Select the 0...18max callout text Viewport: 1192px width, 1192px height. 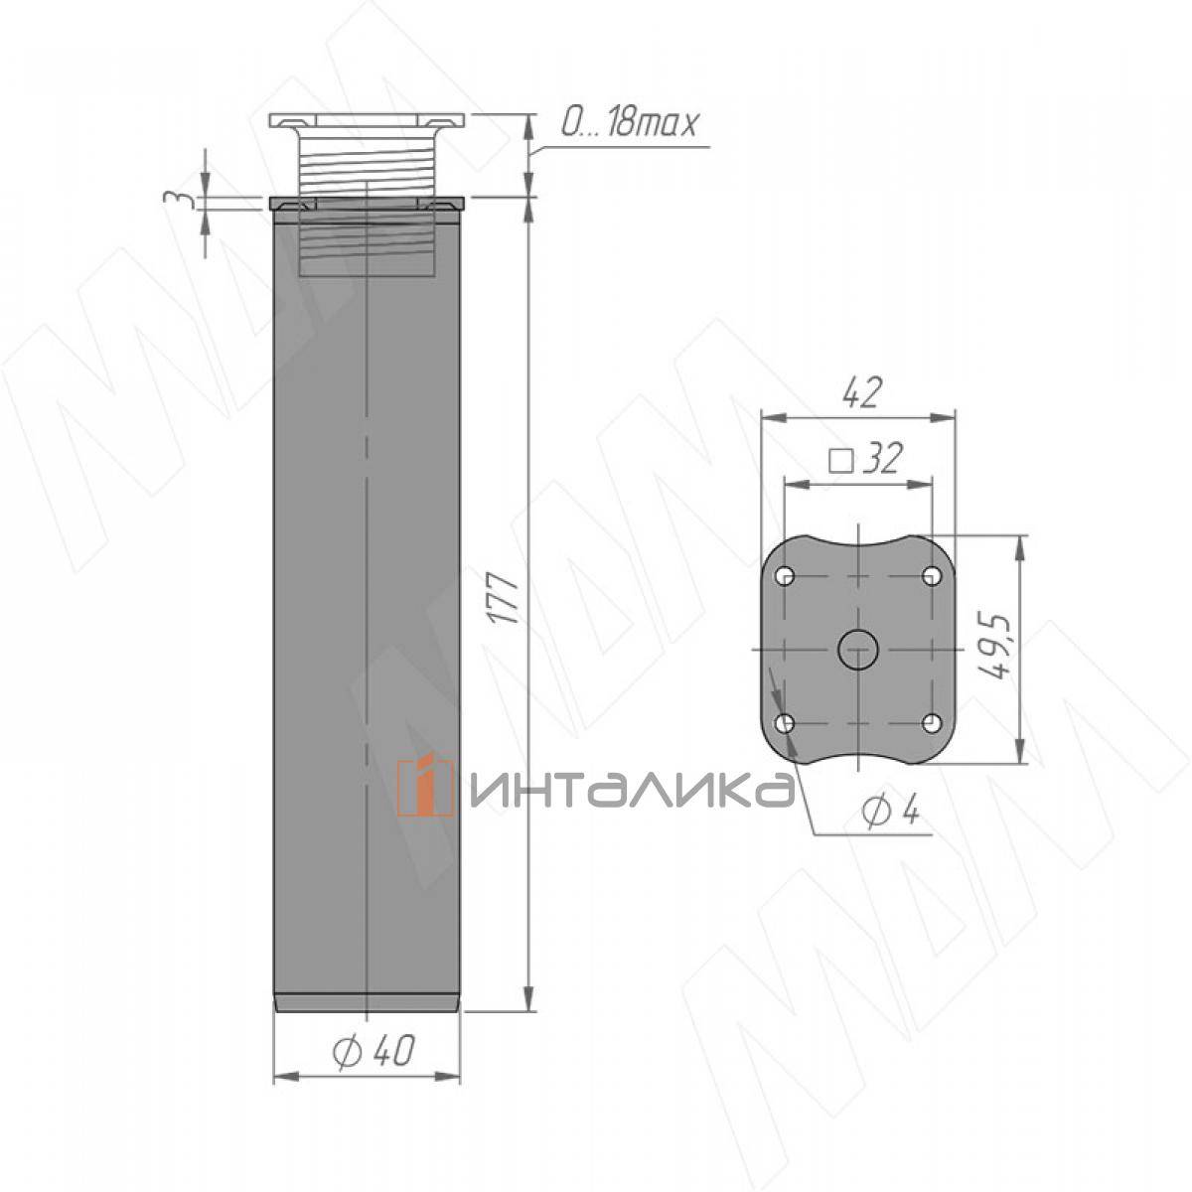tap(629, 124)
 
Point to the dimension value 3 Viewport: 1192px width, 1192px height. tap(175, 200)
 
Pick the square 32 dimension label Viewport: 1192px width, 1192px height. tap(866, 458)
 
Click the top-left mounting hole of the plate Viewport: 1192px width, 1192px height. tap(786, 576)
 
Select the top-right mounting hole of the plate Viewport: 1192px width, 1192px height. tap(932, 576)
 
